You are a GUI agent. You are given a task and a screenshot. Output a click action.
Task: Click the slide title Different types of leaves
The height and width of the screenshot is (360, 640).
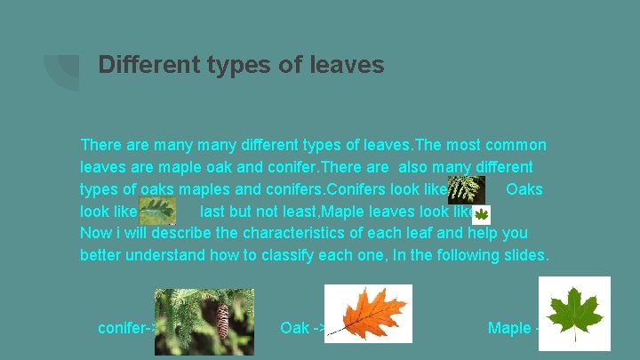(x=241, y=65)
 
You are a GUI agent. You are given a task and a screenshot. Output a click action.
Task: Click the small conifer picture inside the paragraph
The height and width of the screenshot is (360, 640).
(x=466, y=189)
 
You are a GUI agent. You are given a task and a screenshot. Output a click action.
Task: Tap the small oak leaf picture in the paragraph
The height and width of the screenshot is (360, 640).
(x=158, y=211)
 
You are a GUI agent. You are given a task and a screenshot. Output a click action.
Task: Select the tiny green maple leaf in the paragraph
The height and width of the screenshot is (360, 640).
(x=482, y=213)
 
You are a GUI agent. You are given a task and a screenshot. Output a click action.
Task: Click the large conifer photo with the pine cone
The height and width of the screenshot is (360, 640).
(x=204, y=321)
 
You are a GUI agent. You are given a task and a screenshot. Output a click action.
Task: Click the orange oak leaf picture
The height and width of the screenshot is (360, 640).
(x=368, y=313)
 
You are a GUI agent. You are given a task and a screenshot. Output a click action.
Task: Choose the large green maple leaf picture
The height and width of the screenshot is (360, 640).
(x=574, y=313)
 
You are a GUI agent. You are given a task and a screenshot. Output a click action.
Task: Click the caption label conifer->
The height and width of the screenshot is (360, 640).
(x=126, y=328)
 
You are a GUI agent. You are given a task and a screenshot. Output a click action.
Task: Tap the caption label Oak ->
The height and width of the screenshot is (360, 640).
(x=300, y=328)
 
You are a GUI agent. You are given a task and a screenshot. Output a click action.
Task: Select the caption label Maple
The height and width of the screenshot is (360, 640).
(x=509, y=328)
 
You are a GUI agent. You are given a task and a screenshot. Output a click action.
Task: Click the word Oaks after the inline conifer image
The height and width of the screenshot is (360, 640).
(x=524, y=189)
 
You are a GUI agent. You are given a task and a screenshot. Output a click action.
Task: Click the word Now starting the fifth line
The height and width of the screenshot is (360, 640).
(x=96, y=234)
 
